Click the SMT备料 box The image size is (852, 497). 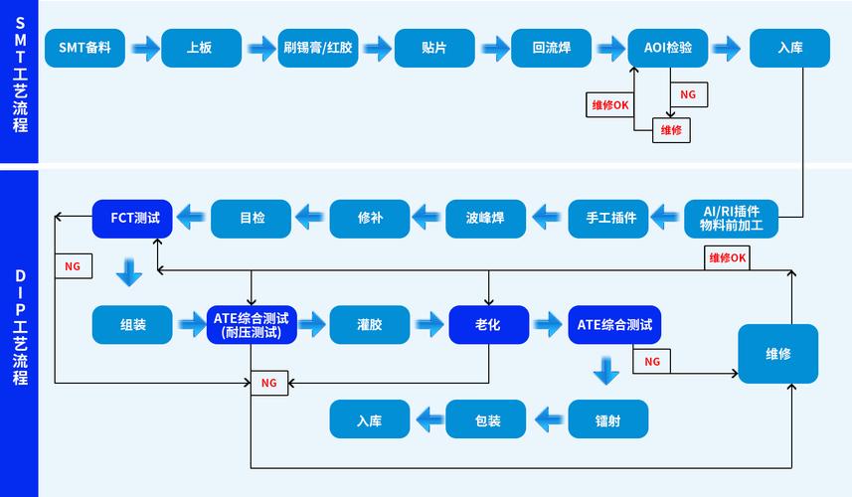(85, 47)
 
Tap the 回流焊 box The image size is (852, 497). (551, 47)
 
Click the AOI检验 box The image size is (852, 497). (668, 47)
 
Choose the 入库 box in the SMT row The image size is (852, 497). (789, 47)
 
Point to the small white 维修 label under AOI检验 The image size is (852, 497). (671, 130)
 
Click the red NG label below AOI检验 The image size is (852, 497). (687, 94)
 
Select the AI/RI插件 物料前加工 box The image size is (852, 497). (731, 218)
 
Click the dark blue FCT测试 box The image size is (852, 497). (132, 218)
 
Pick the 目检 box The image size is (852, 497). (252, 218)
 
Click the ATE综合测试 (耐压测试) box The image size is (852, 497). (251, 325)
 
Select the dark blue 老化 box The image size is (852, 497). (487, 325)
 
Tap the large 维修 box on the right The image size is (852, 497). (777, 354)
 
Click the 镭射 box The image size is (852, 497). (608, 419)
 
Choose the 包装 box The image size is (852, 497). (487, 419)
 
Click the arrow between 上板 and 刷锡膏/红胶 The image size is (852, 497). (261, 48)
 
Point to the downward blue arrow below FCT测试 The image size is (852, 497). (129, 270)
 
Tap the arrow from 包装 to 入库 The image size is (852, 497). (428, 419)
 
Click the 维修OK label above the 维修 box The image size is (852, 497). (728, 258)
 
